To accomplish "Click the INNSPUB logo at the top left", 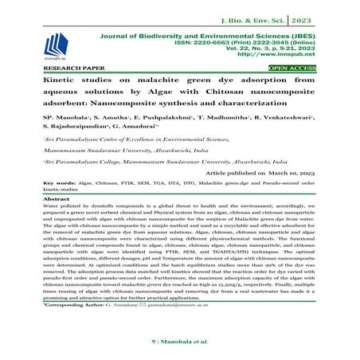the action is [56, 43].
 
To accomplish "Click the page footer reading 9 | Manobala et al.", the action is [180, 342].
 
